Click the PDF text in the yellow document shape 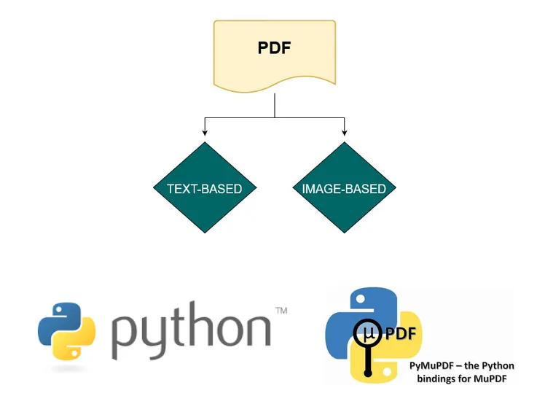(x=275, y=49)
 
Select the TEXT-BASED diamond (x=204, y=189)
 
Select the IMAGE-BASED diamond (x=344, y=189)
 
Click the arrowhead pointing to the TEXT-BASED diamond (x=204, y=132)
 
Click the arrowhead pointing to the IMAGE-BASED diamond (x=344, y=132)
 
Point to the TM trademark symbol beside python (x=281, y=311)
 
